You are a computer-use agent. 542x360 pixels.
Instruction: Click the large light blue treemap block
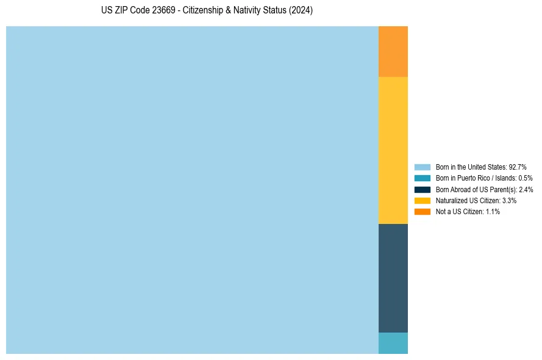(x=192, y=190)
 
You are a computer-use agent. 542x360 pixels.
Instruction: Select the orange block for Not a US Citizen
(x=393, y=51)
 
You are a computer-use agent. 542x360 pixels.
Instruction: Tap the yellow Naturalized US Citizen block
(x=393, y=150)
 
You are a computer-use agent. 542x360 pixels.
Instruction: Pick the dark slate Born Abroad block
(x=393, y=278)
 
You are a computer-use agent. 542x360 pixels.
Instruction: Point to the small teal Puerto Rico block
(x=393, y=343)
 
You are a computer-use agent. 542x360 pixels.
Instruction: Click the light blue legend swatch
(x=423, y=167)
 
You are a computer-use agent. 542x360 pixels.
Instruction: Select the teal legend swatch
(x=423, y=178)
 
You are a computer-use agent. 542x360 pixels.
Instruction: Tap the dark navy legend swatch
(x=423, y=189)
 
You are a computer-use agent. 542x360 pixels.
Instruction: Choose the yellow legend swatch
(x=423, y=200)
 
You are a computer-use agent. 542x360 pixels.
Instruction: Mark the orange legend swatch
(x=423, y=212)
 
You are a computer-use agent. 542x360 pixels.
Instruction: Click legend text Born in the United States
(x=471, y=167)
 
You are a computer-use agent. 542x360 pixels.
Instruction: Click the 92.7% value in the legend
(x=518, y=167)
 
